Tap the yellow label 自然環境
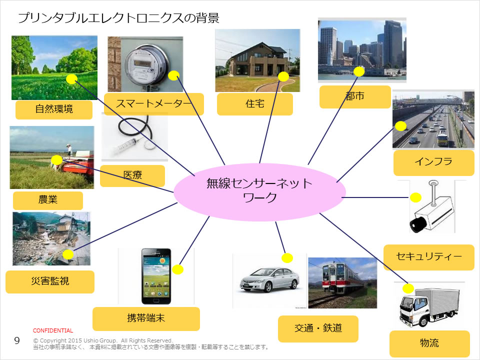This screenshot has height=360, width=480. click(x=54, y=109)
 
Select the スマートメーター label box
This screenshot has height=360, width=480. click(x=154, y=104)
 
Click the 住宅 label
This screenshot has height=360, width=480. click(x=254, y=104)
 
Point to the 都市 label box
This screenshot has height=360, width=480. click(x=355, y=96)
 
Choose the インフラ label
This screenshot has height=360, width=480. click(x=433, y=162)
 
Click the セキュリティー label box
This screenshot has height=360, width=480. click(x=428, y=257)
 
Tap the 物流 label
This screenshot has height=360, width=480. click(x=429, y=343)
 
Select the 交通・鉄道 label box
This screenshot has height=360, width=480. click(x=318, y=328)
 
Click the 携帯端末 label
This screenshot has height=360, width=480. click(x=146, y=318)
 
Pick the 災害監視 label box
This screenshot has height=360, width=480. click(x=50, y=281)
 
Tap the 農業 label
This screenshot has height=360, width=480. click(x=48, y=200)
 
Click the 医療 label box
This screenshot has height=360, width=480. click(x=132, y=175)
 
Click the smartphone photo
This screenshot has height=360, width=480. click(x=156, y=276)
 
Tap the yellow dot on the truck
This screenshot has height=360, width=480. click(x=408, y=288)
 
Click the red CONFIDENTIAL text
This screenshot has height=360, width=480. click(x=53, y=330)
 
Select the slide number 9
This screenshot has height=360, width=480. click(x=16, y=341)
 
